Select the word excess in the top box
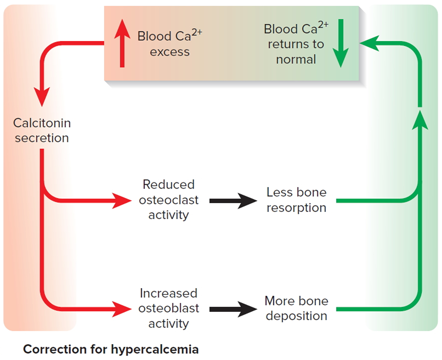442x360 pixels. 170,52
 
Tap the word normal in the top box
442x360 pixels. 296,59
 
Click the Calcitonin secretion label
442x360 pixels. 42,130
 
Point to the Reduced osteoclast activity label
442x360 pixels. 169,200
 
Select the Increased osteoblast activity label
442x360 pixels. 169,308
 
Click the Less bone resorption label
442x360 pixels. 296,200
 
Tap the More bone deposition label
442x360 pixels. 296,308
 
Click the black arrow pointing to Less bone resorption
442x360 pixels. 233,201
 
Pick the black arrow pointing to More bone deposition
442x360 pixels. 233,309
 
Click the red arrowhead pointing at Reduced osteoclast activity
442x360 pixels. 121,201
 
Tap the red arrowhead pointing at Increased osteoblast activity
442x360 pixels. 121,309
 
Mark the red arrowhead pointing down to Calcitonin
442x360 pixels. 42,97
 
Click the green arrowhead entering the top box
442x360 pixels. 369,43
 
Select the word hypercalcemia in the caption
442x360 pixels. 155,349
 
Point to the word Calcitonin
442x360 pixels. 42,123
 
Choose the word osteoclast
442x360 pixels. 169,200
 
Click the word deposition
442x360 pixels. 296,316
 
